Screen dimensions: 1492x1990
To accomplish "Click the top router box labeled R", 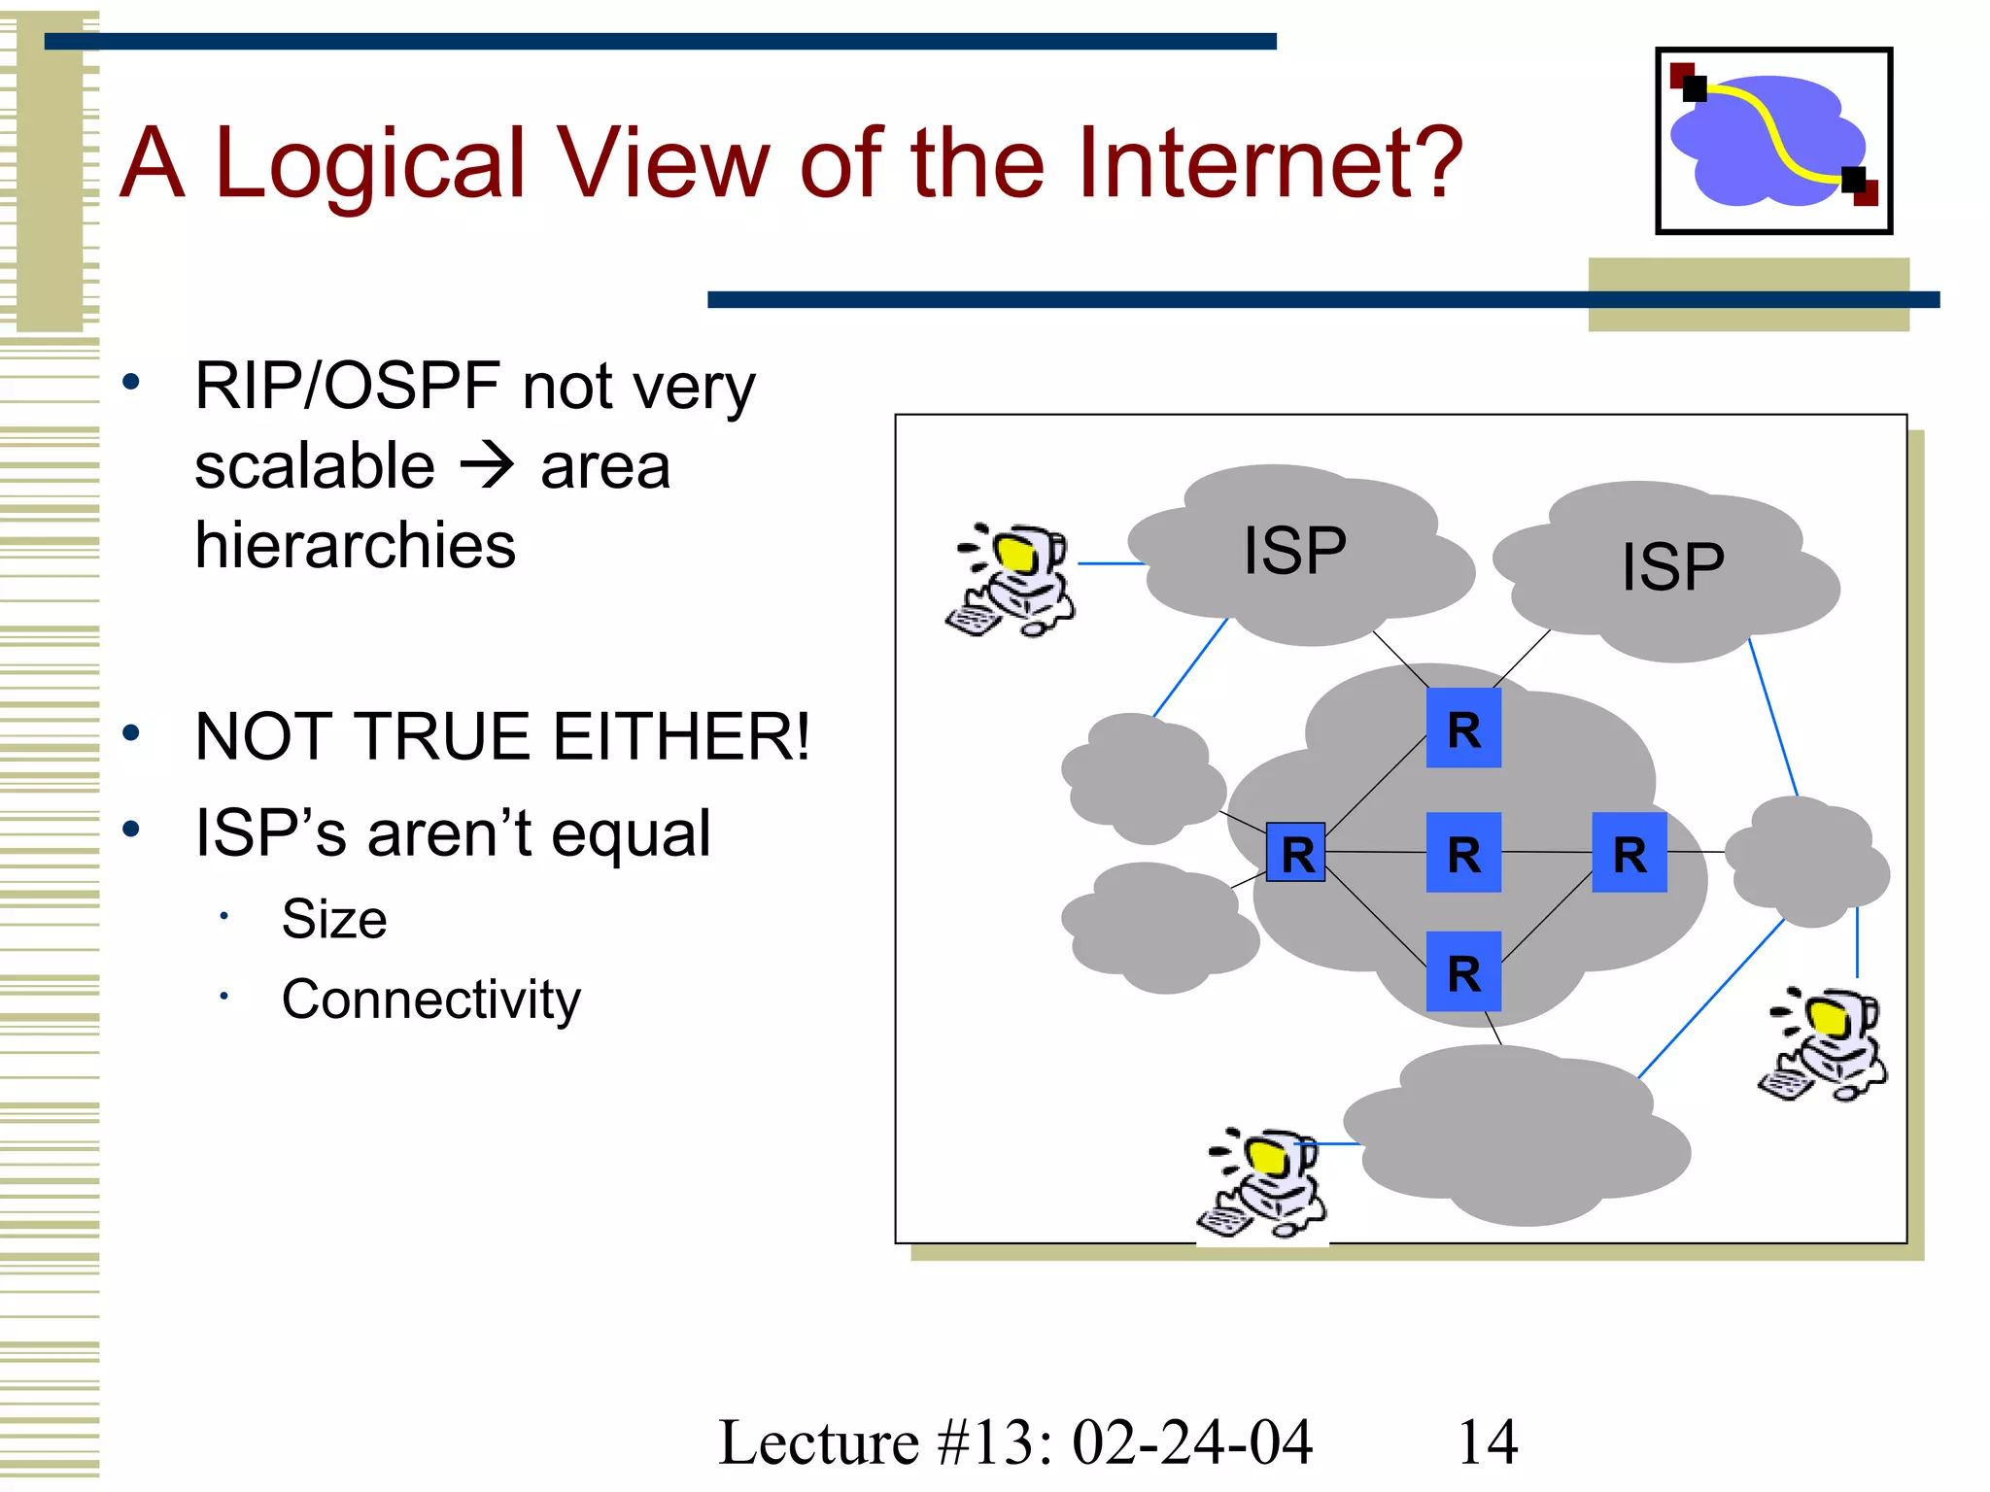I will tap(1463, 729).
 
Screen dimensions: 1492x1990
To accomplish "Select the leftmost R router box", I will tap(1296, 853).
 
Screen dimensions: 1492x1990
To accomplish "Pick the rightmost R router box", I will tap(1630, 853).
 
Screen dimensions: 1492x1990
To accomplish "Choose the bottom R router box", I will tap(1463, 972).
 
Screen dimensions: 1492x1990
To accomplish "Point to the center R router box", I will tap(1463, 853).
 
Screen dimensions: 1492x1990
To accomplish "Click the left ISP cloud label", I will tap(1294, 551).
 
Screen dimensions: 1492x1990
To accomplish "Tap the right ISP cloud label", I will tap(1672, 566).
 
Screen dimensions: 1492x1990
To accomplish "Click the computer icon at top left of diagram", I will tap(1012, 580).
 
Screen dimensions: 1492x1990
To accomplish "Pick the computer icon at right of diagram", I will tap(1823, 1044).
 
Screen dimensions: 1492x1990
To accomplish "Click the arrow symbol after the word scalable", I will tap(486, 465).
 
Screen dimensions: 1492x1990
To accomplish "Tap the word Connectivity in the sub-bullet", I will tap(430, 1000).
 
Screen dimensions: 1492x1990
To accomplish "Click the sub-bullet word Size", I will tap(333, 919).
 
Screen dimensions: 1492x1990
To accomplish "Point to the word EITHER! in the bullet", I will tap(680, 736).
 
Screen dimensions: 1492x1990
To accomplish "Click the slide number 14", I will tap(1487, 1441).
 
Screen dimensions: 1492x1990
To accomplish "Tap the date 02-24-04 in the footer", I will tap(1191, 1441).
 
